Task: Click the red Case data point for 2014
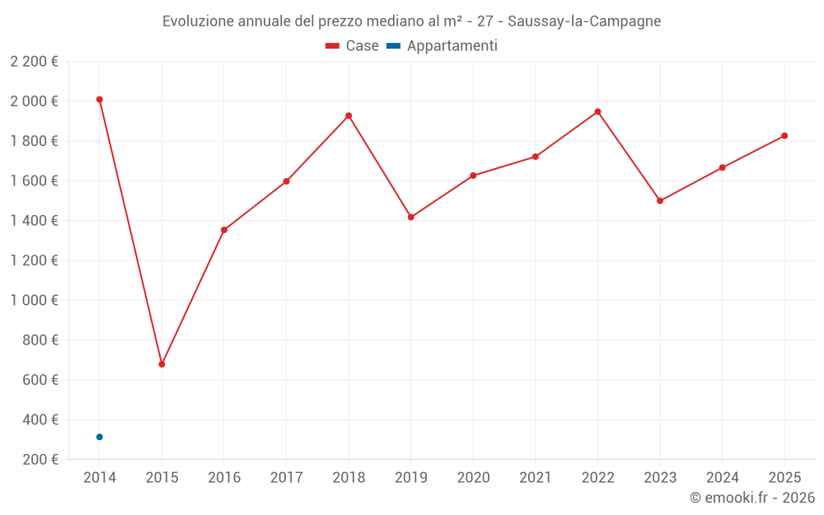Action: [100, 100]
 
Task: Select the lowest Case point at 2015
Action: [162, 364]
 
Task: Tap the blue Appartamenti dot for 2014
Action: [100, 437]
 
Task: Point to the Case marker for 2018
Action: [349, 115]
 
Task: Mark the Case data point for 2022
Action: [597, 112]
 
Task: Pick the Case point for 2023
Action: [660, 201]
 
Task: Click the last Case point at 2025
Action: [784, 136]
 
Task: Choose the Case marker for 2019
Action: [411, 218]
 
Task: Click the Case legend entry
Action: [353, 46]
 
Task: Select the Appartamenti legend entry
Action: [442, 46]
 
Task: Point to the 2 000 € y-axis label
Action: [34, 101]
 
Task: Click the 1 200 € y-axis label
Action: [34, 260]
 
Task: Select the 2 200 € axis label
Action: [34, 62]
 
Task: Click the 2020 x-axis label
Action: [473, 478]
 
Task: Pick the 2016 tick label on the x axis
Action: [224, 478]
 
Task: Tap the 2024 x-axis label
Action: [722, 478]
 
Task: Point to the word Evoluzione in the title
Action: [197, 21]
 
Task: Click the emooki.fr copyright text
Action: [751, 498]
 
